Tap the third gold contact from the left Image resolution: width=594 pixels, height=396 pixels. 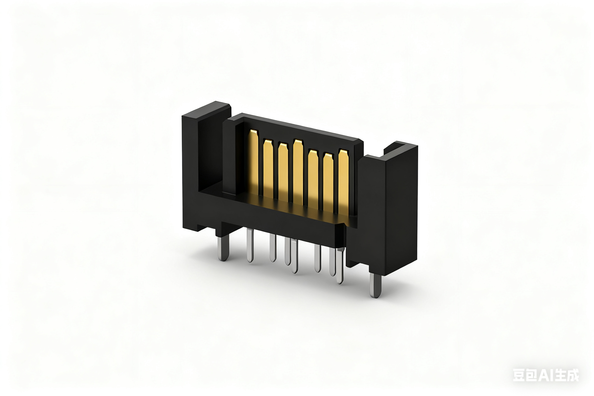pyautogui.click(x=283, y=172)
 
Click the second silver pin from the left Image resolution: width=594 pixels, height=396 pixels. pyautogui.click(x=250, y=245)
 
